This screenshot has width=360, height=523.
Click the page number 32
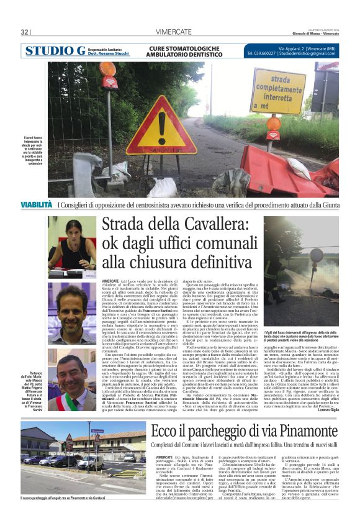(x=25, y=32)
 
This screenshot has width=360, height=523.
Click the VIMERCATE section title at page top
(x=173, y=32)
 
